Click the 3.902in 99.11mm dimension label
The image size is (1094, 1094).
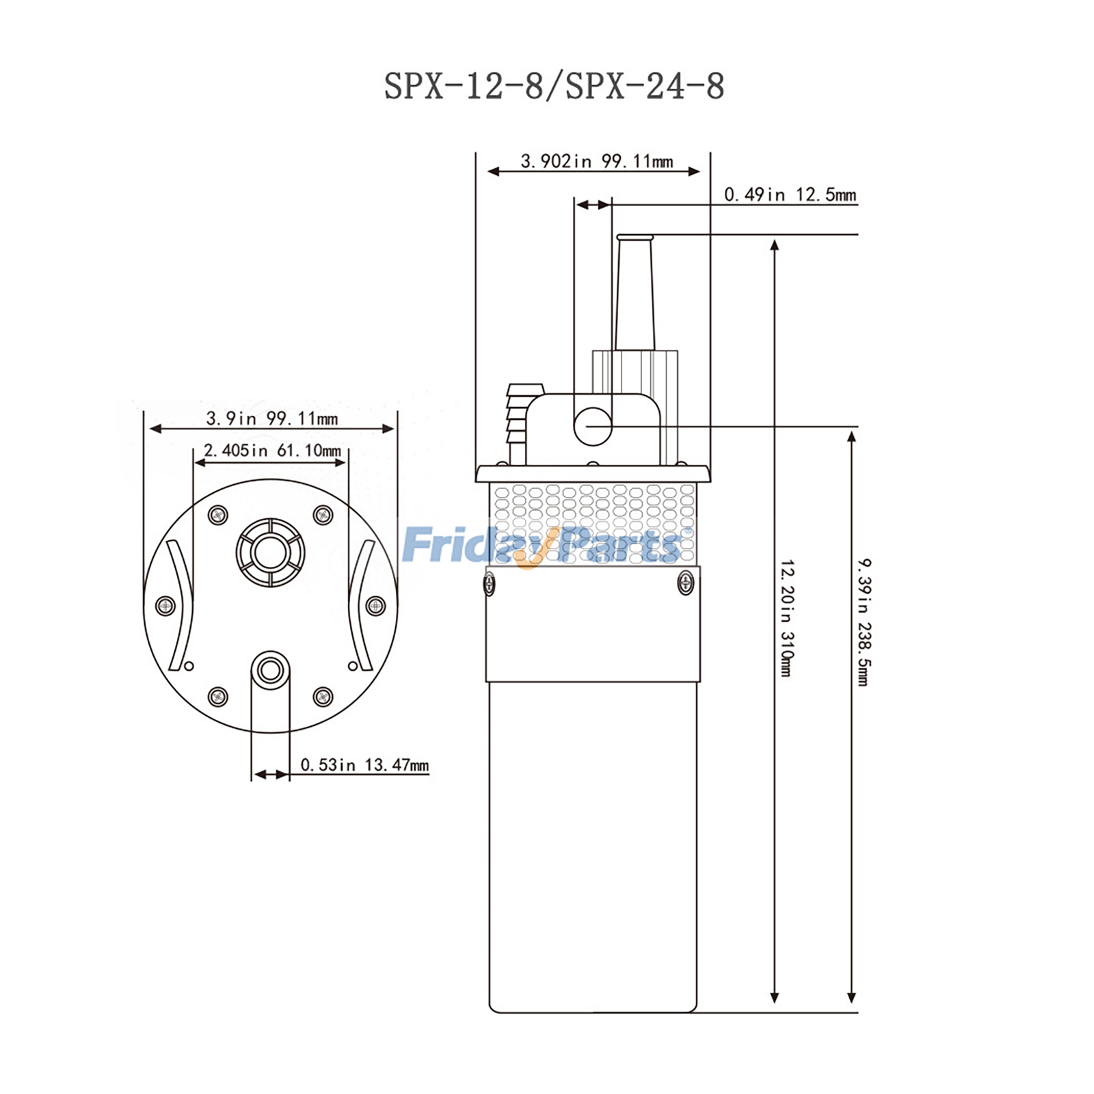(x=596, y=161)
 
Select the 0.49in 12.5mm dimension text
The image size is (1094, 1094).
(x=790, y=195)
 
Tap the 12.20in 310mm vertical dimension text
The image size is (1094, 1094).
(x=786, y=618)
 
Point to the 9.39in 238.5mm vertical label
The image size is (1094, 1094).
(x=864, y=622)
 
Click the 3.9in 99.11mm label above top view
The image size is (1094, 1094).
(x=272, y=418)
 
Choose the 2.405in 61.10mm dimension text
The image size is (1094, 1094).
(x=272, y=451)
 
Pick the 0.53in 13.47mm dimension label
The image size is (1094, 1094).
(x=364, y=764)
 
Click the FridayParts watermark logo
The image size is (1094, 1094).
(x=544, y=546)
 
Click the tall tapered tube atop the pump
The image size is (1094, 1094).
(x=635, y=294)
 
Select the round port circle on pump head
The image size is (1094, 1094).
(x=592, y=426)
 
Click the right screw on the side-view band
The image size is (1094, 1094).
(x=685, y=583)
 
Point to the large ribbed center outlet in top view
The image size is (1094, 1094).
(x=270, y=552)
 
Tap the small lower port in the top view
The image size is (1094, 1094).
(x=270, y=670)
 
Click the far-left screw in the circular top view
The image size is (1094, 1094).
(x=165, y=605)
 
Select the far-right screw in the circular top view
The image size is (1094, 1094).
(x=375, y=605)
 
